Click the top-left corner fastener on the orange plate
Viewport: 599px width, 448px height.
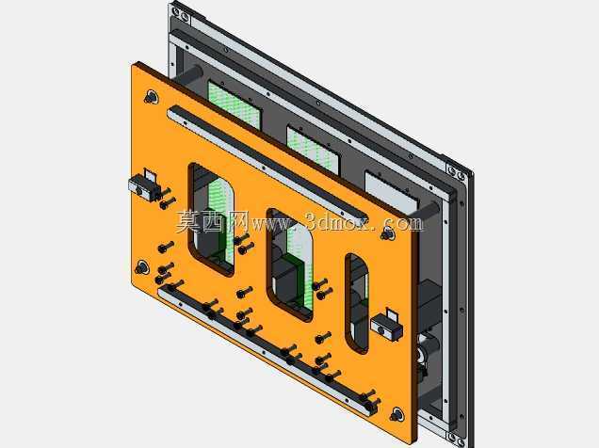click(152, 97)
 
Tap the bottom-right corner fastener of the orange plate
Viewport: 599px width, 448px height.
click(397, 414)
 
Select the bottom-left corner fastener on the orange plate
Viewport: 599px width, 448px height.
click(141, 267)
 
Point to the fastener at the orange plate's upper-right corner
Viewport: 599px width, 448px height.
click(388, 233)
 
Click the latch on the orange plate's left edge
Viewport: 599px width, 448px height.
click(144, 185)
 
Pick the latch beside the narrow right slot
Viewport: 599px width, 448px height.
click(387, 325)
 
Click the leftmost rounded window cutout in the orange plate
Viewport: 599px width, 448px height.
click(211, 219)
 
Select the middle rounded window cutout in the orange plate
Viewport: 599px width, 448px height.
click(290, 264)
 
